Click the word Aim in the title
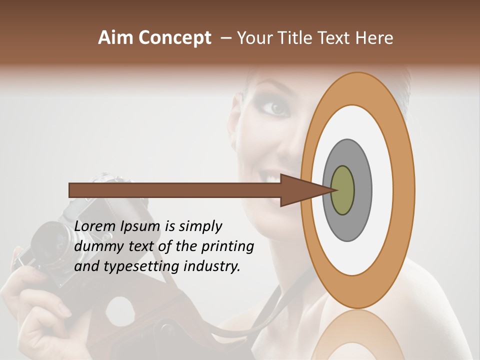pos(116,38)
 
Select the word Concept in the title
pos(175,38)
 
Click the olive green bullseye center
pos(342,190)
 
